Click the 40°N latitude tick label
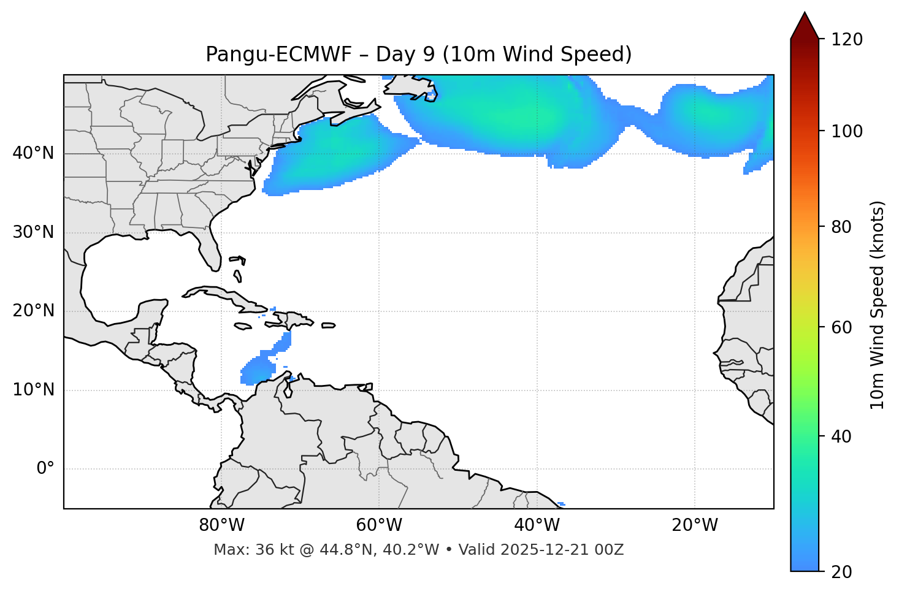pyautogui.click(x=33, y=153)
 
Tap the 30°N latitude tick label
pyautogui.click(x=33, y=232)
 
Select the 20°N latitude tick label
pyautogui.click(x=33, y=311)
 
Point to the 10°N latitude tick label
pyautogui.click(x=33, y=390)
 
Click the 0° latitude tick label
pyautogui.click(x=45, y=469)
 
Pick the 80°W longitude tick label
pyautogui.click(x=221, y=525)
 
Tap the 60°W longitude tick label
pyautogui.click(x=379, y=525)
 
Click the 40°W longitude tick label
pyautogui.click(x=537, y=525)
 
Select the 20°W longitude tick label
pyautogui.click(x=694, y=525)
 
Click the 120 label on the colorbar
pyautogui.click(x=846, y=40)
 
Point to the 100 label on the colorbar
pyautogui.click(x=846, y=131)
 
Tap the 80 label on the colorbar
pyautogui.click(x=842, y=227)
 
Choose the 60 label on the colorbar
pyautogui.click(x=842, y=327)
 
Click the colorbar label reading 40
pyautogui.click(x=842, y=436)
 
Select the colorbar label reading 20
pyautogui.click(x=842, y=572)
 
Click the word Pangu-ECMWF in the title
pyautogui.click(x=278, y=55)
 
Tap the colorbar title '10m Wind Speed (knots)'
pyautogui.click(x=878, y=305)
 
